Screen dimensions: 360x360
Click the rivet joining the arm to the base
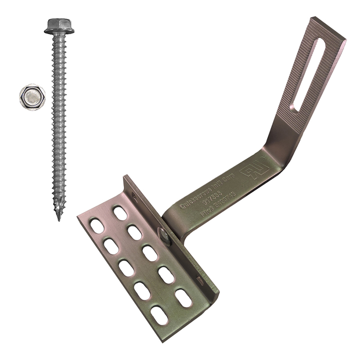(x=164, y=235)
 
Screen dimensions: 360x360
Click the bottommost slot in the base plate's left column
(x=159, y=315)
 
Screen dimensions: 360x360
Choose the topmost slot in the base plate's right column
(x=120, y=213)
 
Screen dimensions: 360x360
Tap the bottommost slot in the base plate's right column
(x=183, y=298)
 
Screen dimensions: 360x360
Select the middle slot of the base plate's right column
(x=150, y=253)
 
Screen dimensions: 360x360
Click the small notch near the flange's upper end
(x=133, y=195)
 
